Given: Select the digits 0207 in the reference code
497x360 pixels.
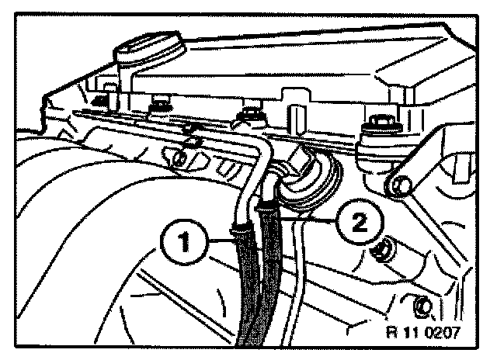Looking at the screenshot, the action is [x=441, y=334].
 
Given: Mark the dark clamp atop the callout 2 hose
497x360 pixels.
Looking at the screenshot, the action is [x=269, y=206].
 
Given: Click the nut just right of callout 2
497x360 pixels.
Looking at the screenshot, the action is [x=381, y=250].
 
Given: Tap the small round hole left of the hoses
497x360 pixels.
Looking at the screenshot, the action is [x=179, y=160].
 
